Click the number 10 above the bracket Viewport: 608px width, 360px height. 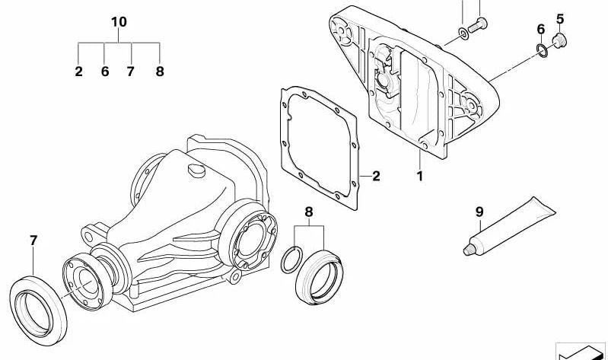119,21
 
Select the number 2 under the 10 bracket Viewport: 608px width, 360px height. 78,72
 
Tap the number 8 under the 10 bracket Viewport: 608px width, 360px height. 159,72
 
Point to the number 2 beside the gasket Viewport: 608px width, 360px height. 376,176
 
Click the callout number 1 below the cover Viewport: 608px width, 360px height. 419,176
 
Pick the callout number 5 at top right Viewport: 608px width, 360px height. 559,18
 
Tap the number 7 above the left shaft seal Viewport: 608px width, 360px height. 33,241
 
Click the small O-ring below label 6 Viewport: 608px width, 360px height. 541,50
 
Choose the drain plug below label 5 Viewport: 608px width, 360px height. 562,39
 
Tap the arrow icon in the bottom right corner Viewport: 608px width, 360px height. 582,350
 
